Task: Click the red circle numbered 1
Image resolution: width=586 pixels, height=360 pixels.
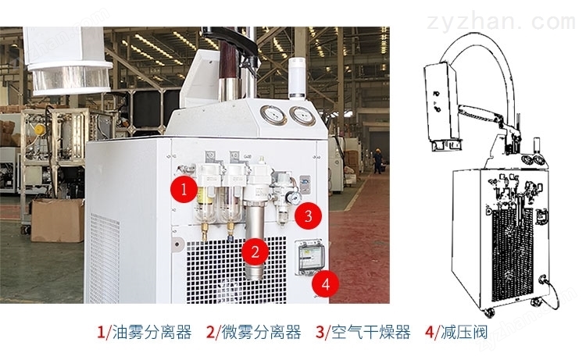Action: [184, 190]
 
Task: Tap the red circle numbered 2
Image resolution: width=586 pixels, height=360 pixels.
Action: [255, 251]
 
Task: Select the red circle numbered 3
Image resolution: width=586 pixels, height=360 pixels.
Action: [308, 216]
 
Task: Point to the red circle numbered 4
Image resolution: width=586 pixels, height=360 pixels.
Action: [326, 284]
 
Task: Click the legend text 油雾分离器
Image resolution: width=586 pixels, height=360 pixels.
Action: [152, 332]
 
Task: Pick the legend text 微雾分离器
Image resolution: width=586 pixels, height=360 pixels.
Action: [261, 332]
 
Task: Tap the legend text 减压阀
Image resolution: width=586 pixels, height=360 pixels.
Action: [464, 332]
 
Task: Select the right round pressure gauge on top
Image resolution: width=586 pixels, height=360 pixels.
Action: [302, 116]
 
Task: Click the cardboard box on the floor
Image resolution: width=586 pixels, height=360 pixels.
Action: [58, 220]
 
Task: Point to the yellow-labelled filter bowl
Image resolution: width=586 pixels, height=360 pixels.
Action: [205, 201]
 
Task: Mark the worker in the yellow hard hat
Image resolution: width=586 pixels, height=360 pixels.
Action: [378, 161]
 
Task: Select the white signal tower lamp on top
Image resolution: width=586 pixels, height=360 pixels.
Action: [298, 78]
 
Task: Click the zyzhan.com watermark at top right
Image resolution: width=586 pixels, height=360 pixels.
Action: [501, 22]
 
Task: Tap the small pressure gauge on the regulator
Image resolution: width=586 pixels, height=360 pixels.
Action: [295, 198]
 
